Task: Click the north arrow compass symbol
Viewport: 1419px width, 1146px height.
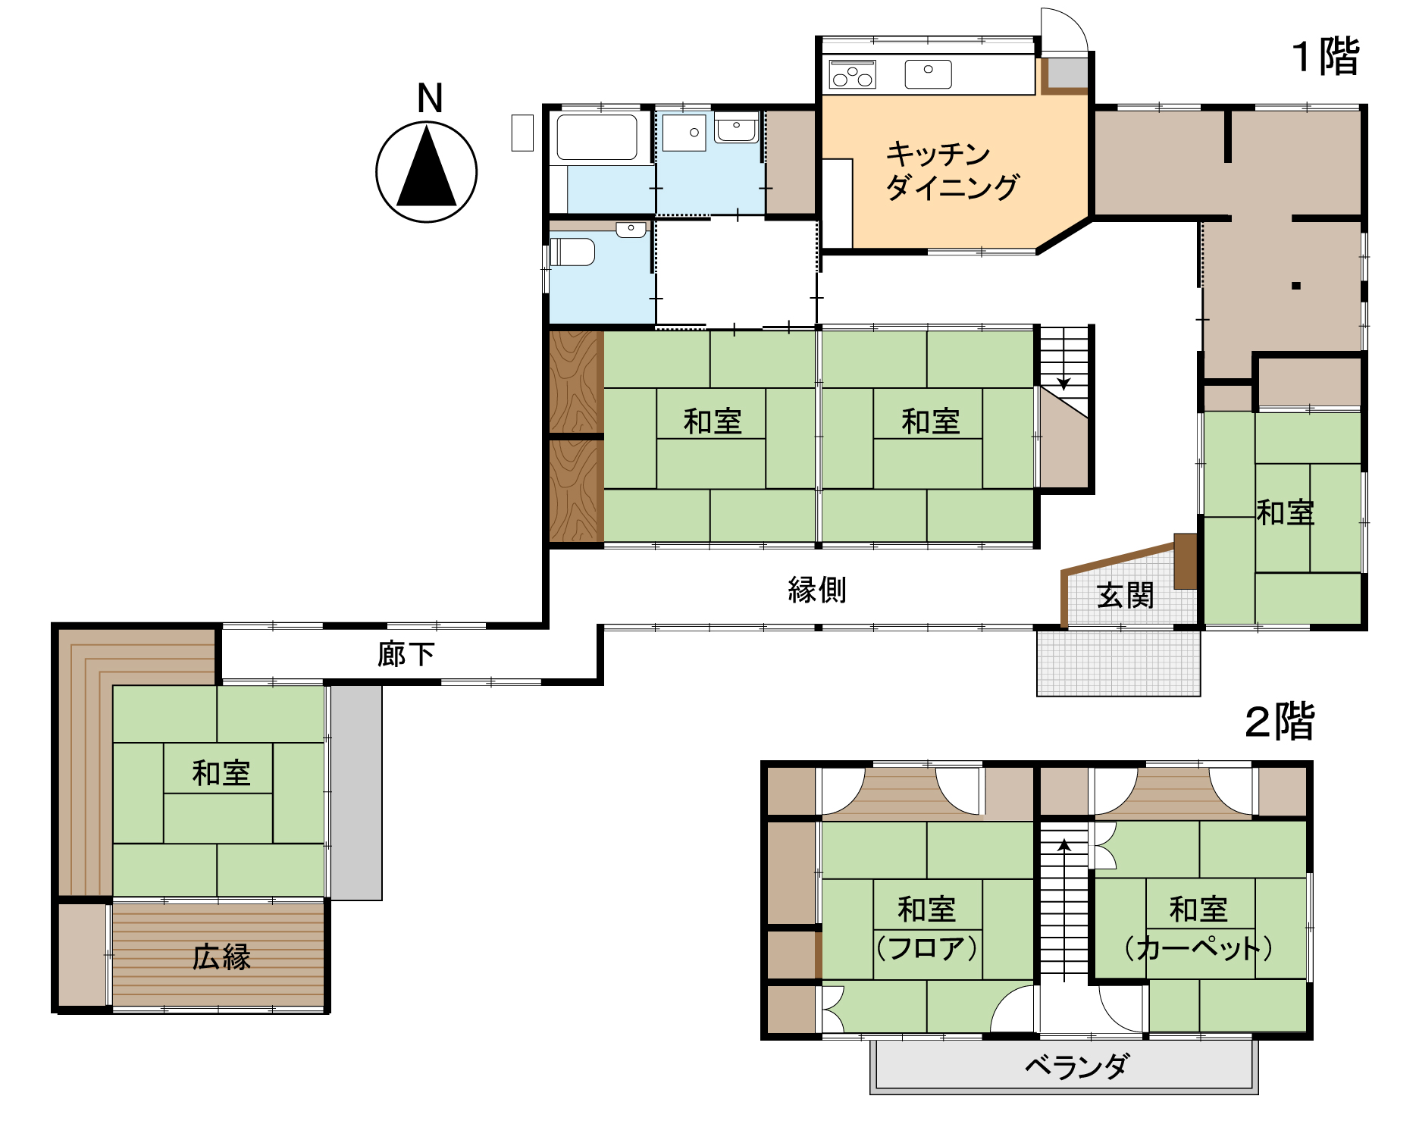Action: [427, 172]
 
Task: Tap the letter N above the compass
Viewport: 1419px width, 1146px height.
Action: [430, 99]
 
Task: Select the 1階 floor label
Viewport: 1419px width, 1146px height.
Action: [1326, 57]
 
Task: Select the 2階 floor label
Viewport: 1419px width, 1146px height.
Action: [1280, 722]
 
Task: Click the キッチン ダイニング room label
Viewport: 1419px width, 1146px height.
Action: [953, 171]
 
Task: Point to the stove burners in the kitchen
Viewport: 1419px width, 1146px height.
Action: [853, 74]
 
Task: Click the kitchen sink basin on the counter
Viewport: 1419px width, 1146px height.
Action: [929, 74]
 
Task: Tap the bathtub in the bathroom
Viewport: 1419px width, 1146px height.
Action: [597, 137]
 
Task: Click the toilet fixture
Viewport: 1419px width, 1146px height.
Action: [572, 252]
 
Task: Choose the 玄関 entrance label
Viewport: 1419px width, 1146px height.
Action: [1125, 596]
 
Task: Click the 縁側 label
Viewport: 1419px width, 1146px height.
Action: [817, 590]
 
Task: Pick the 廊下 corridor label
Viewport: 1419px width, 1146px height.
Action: [406, 653]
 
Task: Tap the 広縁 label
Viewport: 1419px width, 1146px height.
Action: [221, 957]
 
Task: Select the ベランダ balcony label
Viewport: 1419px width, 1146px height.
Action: [1076, 1066]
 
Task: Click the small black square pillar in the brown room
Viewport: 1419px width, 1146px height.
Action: [1296, 286]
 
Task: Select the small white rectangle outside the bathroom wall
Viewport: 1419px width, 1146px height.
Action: [522, 133]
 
